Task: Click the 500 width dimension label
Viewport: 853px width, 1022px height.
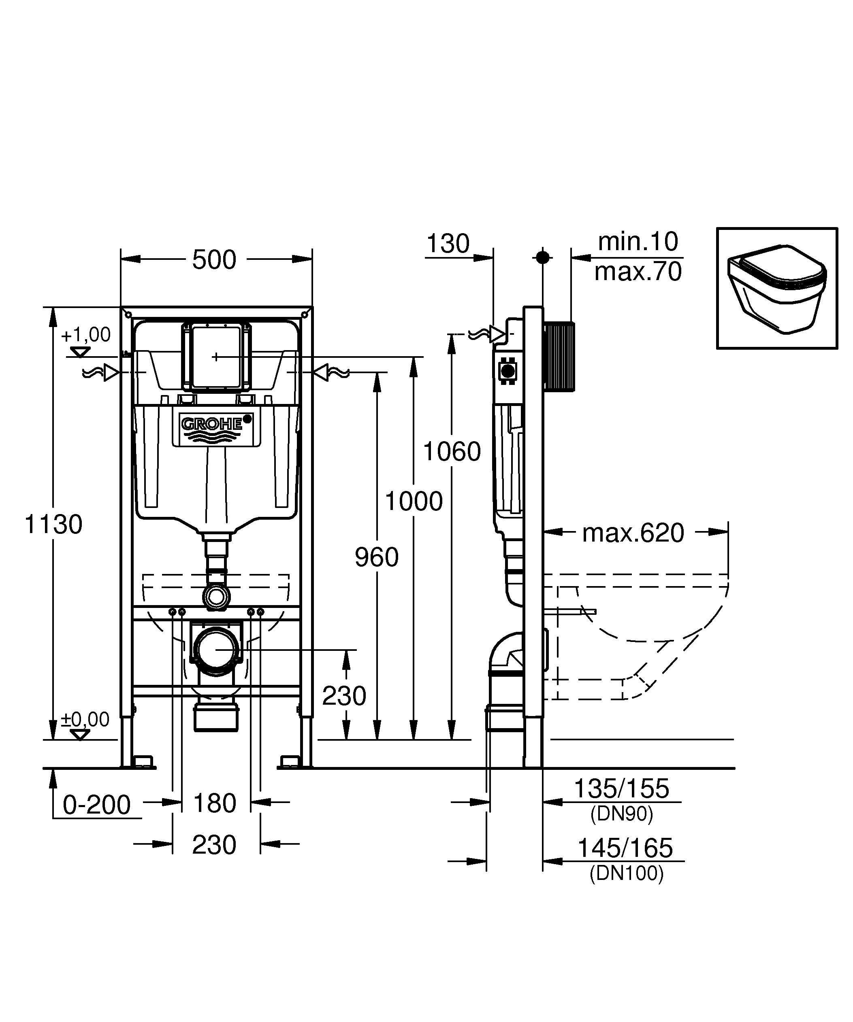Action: point(214,260)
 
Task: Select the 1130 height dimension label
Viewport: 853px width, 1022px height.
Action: point(53,525)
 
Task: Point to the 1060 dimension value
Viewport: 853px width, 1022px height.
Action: point(452,452)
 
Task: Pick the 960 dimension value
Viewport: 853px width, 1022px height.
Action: point(376,557)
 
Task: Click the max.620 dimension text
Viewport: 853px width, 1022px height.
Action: point(633,533)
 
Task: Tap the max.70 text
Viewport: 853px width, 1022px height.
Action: point(638,272)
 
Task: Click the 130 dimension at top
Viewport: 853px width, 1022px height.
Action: point(448,243)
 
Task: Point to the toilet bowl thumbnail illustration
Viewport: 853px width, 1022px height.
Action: point(776,288)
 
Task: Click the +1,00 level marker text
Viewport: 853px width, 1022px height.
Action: point(86,335)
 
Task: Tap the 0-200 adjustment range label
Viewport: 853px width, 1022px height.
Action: point(96,805)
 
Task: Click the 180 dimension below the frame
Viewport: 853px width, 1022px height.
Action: point(215,803)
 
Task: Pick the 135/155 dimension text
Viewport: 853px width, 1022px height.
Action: point(622,788)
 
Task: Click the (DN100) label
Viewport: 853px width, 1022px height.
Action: point(627,873)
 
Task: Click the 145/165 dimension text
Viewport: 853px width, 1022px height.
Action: point(625,848)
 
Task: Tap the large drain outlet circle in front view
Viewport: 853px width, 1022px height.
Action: point(216,650)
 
